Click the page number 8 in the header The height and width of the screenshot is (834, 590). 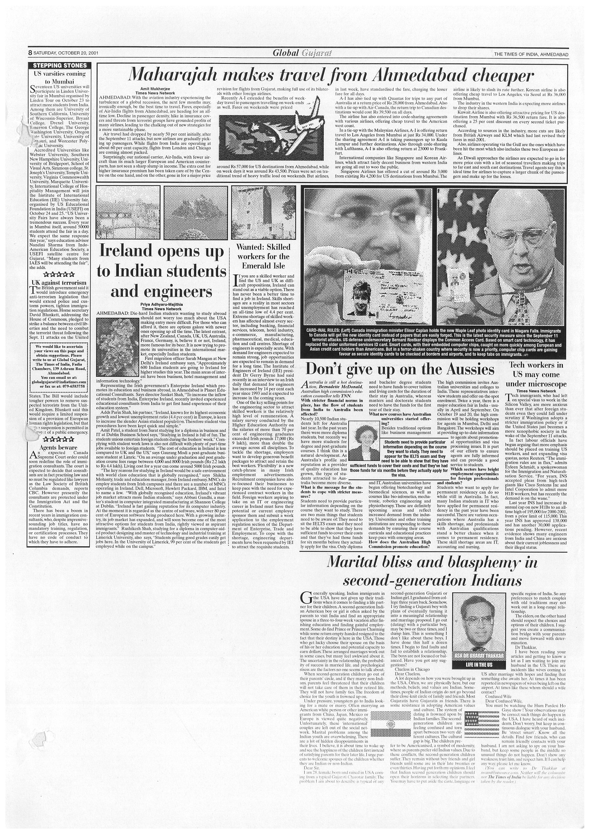(30, 53)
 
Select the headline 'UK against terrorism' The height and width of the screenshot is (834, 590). (59, 282)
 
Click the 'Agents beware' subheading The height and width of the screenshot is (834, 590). (59, 447)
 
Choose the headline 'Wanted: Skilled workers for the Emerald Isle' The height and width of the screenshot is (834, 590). (264, 256)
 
